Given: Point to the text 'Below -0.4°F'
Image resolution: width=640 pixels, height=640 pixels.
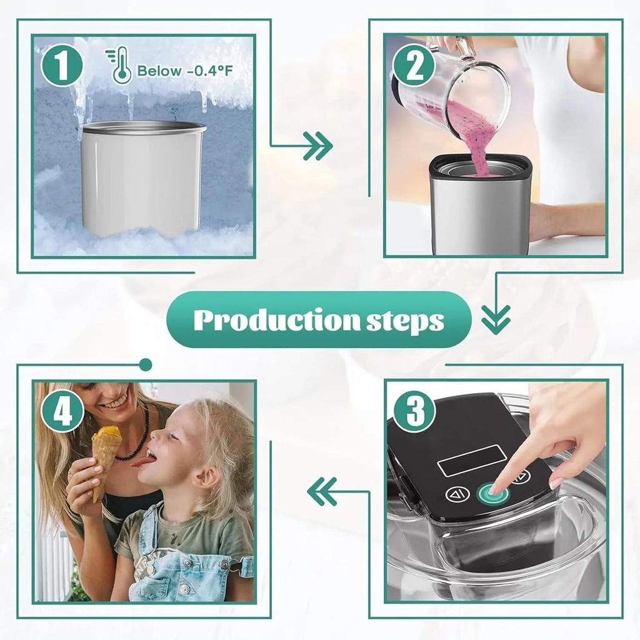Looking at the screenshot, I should pos(185,71).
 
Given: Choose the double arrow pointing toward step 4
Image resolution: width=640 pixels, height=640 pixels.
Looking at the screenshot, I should pos(322,491).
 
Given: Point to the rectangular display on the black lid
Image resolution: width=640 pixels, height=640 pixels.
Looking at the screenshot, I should pos(471,461).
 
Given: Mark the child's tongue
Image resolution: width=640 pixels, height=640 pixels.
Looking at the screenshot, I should pos(145,461).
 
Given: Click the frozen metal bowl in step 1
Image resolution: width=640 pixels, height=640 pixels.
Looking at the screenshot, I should pos(143,178).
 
